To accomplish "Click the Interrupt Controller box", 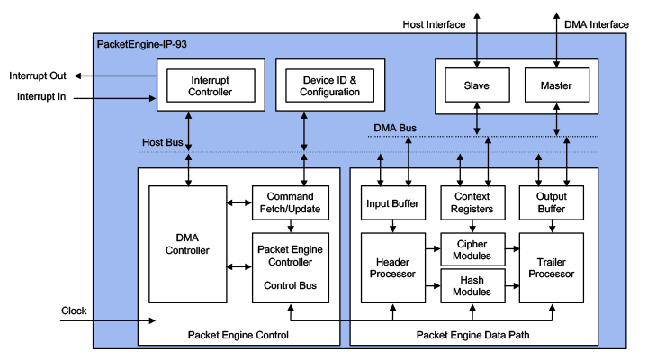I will pos(211,85).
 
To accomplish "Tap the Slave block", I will pos(476,85).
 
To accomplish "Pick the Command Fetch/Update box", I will pos(289,203).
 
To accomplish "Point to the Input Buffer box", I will pos(392,203).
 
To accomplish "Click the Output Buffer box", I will pos(552,203).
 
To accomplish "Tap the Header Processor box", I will pos(392,267).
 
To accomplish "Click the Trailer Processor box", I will pos(552,267).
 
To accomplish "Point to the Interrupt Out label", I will pos(39,76).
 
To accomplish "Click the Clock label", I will pos(74,310).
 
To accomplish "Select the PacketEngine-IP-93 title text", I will pos(141,42).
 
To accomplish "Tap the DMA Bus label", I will pos(393,129).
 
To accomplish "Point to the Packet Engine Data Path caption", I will pos(472,335).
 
